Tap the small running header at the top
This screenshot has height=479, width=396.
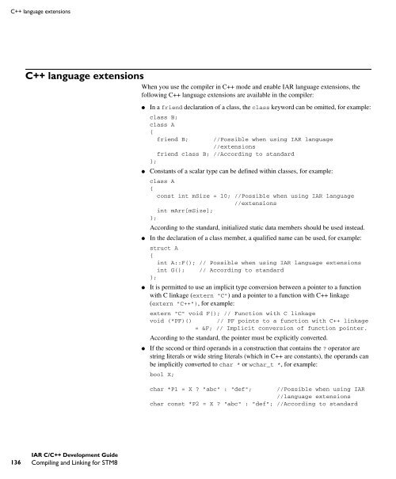[x=39, y=10]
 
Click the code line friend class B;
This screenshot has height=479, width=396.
[x=182, y=154]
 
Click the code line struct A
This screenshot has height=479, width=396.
[x=162, y=249]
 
